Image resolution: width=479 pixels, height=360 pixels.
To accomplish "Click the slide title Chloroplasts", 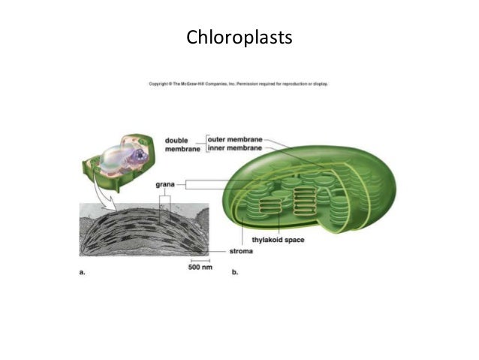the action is [239, 36].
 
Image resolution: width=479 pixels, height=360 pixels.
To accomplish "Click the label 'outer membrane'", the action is [235, 139].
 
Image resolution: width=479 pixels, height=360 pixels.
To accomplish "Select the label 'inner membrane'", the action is [235, 149].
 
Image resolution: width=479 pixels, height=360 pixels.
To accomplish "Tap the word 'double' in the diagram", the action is [180, 140].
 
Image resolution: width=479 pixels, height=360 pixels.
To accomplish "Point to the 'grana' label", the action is [167, 183].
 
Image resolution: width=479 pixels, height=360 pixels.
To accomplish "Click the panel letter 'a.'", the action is [83, 273].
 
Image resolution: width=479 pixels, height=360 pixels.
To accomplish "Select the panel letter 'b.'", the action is [235, 273].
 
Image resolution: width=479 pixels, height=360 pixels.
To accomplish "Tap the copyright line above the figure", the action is [239, 83].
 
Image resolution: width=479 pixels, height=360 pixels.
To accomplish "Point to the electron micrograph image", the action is [143, 225].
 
